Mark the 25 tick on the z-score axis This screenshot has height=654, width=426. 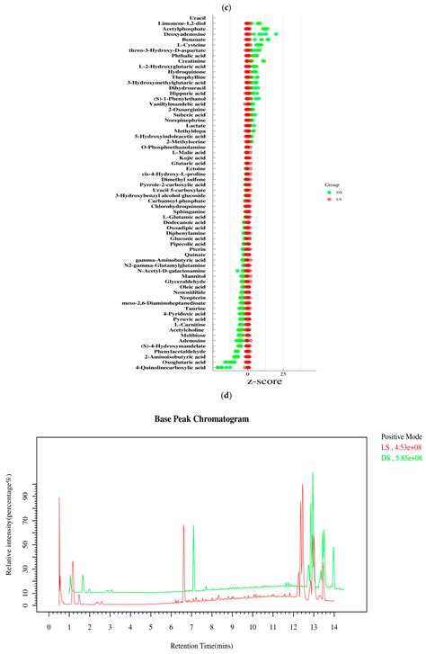tap(284, 373)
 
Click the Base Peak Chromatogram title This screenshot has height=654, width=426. tap(212, 418)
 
